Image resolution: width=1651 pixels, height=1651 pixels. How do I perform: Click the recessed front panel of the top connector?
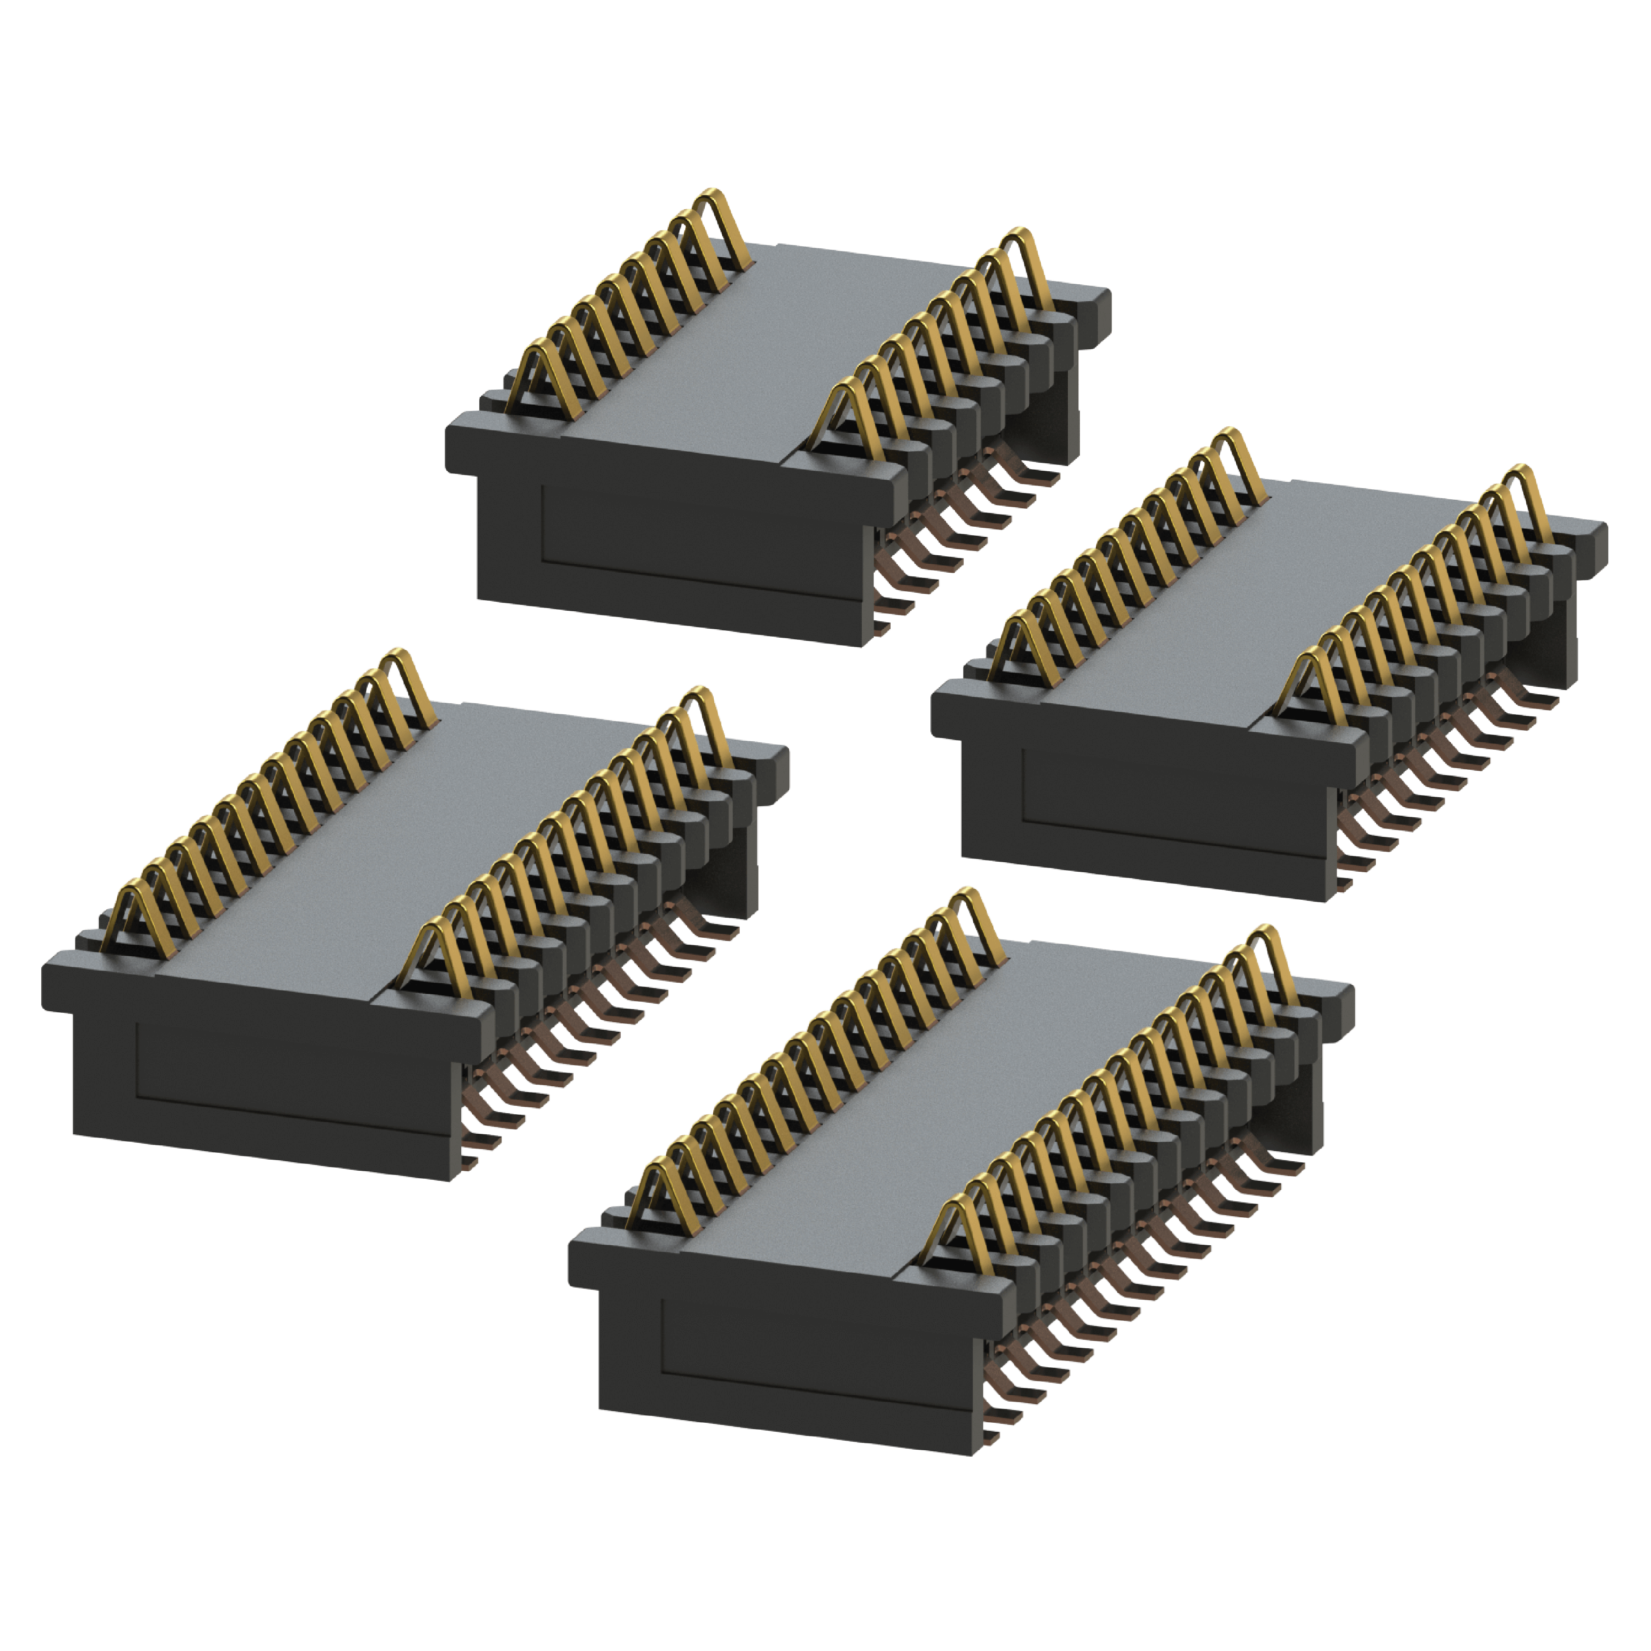coord(701,530)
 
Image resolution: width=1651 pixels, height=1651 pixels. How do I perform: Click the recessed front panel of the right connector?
coord(1171,795)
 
